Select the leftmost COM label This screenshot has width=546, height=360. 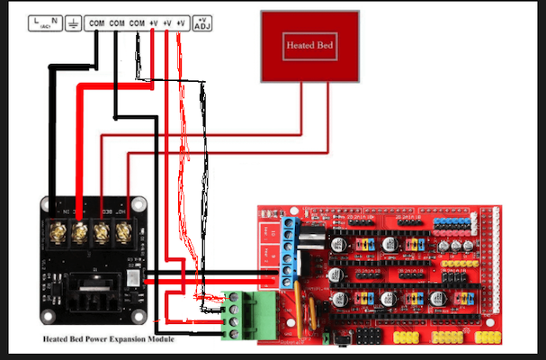click(97, 21)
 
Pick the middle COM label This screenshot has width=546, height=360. click(117, 21)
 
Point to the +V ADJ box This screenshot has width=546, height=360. click(203, 22)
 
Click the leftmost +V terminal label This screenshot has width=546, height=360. click(153, 21)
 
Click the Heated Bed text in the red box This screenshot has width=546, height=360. click(303, 43)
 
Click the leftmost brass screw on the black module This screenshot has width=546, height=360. click(58, 232)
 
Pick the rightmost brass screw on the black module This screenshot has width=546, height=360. click(123, 232)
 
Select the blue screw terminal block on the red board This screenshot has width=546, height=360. click(290, 248)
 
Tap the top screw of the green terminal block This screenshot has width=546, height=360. click(236, 300)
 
